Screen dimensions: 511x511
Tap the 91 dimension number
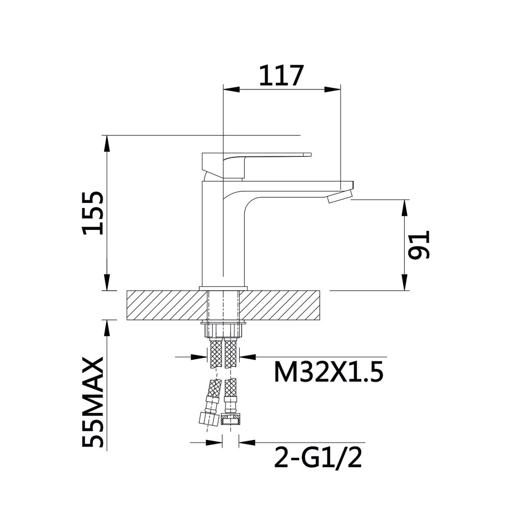[x=420, y=245]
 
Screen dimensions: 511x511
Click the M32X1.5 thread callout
[x=329, y=372]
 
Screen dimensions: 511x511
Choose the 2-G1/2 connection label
[x=318, y=457]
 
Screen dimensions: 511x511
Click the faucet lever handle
[x=257, y=165]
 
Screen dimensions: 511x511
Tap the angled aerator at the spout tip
[x=340, y=197]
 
